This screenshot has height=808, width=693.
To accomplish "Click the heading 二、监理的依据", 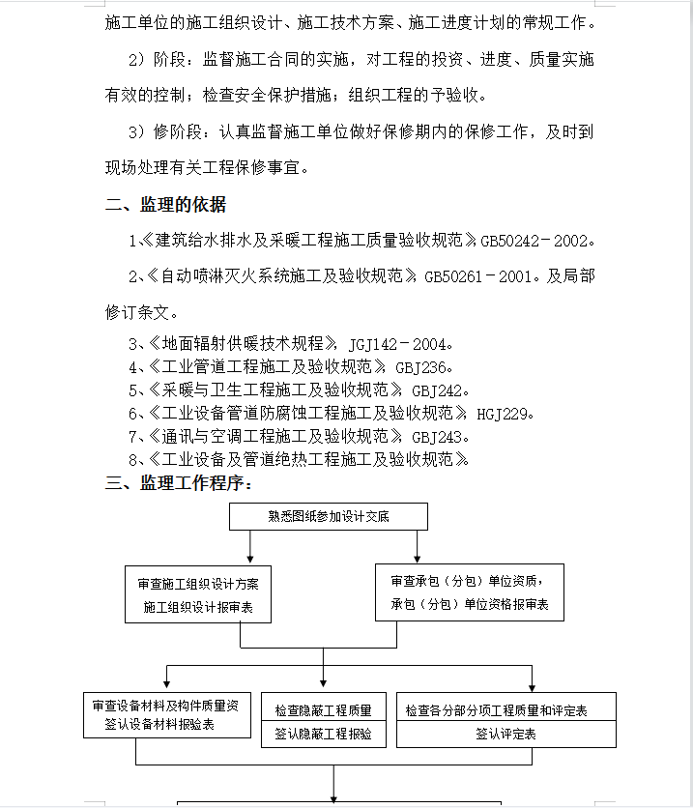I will (x=165, y=204).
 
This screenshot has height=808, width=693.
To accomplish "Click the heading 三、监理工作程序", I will (x=179, y=483).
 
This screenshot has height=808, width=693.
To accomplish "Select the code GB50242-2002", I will (x=533, y=240).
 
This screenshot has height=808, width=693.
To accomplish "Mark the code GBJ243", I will (x=441, y=437).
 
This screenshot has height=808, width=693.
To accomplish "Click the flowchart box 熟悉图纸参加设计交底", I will (x=329, y=516).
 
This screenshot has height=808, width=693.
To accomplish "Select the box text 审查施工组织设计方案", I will (x=198, y=584).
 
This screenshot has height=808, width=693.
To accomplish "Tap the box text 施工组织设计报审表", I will (x=197, y=608).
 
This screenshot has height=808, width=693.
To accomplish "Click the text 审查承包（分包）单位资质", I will (x=465, y=581).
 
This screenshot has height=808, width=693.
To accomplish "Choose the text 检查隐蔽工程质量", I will (x=324, y=709).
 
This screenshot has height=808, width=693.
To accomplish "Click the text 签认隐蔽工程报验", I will (x=324, y=734).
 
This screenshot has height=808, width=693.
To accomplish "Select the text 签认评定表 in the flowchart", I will (x=505, y=734).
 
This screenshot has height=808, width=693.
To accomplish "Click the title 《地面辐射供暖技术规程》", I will (x=242, y=343).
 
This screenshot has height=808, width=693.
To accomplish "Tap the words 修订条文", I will (x=137, y=312).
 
